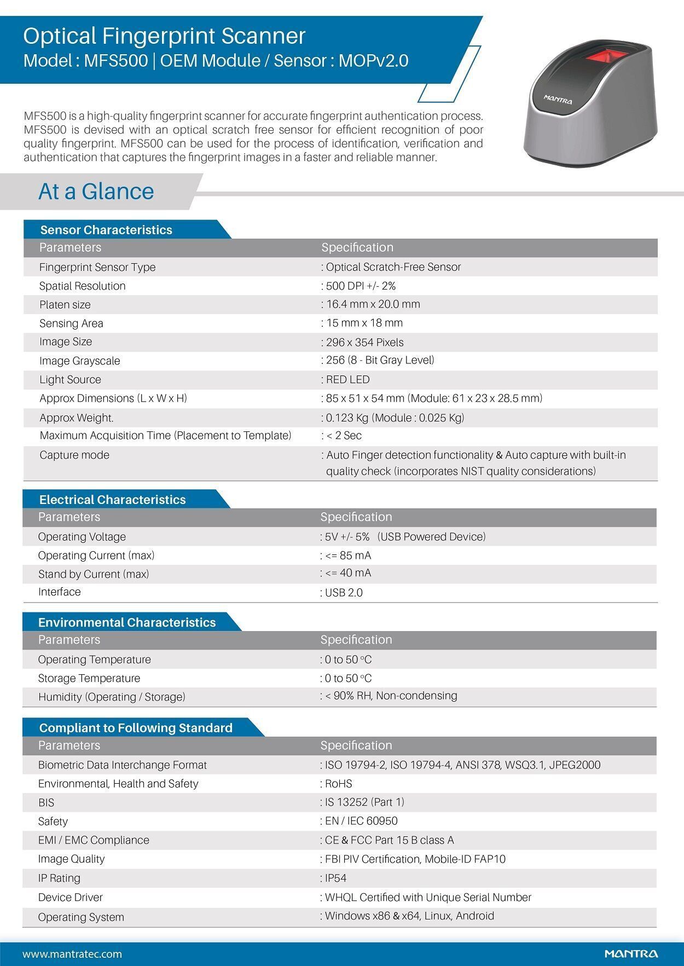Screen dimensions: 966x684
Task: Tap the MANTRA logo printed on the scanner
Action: click(x=558, y=100)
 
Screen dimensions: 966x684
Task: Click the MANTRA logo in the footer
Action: click(x=631, y=953)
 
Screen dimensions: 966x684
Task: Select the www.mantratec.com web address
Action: click(x=72, y=954)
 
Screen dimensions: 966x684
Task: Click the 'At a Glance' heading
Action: click(x=96, y=192)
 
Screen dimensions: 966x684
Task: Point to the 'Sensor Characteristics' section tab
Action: click(x=106, y=230)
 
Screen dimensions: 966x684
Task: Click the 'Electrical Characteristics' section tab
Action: click(x=112, y=500)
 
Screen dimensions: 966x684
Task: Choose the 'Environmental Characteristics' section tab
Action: click(x=127, y=622)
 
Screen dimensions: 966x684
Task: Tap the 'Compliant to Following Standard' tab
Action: click(x=136, y=728)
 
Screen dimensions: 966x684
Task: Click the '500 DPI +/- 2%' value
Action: click(x=361, y=286)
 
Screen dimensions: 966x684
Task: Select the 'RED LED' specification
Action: click(x=347, y=379)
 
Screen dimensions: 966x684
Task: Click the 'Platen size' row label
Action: click(x=65, y=305)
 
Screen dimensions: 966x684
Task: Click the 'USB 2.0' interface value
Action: click(x=344, y=593)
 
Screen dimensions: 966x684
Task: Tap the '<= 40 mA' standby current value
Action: click(x=348, y=573)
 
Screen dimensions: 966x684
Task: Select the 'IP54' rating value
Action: click(x=335, y=878)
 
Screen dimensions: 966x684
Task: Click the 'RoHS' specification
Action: click(x=338, y=784)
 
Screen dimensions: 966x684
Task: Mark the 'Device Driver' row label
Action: click(x=71, y=897)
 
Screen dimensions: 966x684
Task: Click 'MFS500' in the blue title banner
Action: click(x=116, y=61)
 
